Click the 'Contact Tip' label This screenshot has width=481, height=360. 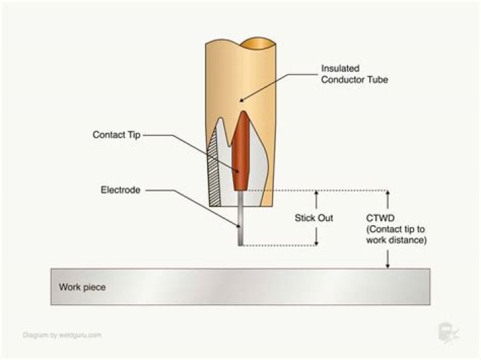click(x=116, y=135)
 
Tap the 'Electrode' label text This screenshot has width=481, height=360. click(x=120, y=190)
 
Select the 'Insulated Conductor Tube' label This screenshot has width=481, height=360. click(x=354, y=74)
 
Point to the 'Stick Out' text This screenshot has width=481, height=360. click(x=314, y=218)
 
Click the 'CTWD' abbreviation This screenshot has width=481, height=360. click(x=380, y=218)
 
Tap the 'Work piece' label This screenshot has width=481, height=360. click(x=82, y=287)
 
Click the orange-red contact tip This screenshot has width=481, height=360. click(x=240, y=151)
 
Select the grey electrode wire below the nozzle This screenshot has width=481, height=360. click(x=240, y=218)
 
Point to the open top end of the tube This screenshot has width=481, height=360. click(x=258, y=43)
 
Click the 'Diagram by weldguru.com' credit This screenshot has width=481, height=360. click(x=62, y=335)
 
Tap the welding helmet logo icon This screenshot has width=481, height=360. click(x=448, y=333)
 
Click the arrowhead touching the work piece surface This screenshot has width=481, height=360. click(x=387, y=266)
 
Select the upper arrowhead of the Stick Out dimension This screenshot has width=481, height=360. click(x=317, y=194)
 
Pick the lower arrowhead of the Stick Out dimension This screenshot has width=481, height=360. click(x=317, y=242)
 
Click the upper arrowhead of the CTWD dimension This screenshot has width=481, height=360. click(x=387, y=194)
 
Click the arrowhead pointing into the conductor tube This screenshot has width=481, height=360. click(x=242, y=100)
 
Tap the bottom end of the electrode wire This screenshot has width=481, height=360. click(x=240, y=245)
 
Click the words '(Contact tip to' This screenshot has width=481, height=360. click(x=395, y=229)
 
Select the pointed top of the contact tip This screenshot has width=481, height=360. click(x=243, y=112)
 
